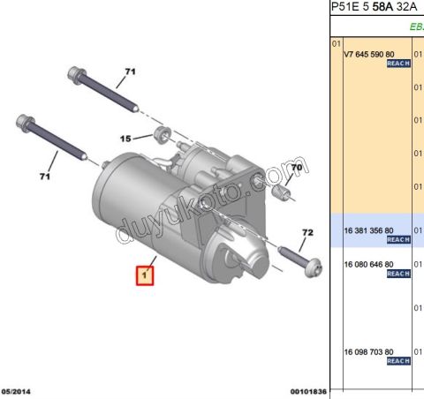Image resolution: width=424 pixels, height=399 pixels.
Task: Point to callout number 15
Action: click(x=125, y=138)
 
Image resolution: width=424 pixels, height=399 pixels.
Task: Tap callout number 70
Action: click(x=297, y=167)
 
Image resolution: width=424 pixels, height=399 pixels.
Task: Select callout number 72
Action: click(x=307, y=233)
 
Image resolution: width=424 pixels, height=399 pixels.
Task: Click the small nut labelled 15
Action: click(x=162, y=134)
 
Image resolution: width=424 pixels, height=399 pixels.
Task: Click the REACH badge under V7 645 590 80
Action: click(x=399, y=64)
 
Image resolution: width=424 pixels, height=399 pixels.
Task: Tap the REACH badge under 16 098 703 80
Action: click(x=399, y=361)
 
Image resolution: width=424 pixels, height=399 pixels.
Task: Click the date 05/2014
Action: click(x=19, y=391)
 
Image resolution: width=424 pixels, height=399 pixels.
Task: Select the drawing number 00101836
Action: click(x=308, y=391)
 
